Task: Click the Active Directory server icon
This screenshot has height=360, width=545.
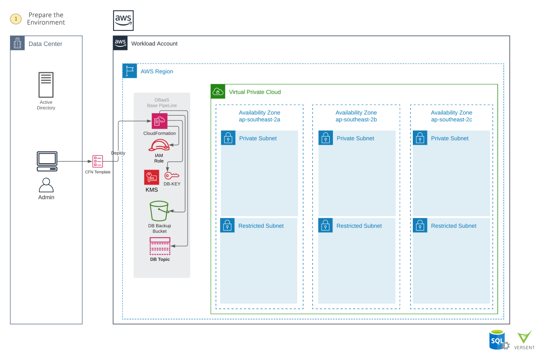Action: (x=46, y=85)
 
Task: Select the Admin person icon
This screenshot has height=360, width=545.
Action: (x=46, y=185)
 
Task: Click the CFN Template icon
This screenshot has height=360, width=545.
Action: (x=98, y=161)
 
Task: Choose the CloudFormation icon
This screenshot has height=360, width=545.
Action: (x=159, y=121)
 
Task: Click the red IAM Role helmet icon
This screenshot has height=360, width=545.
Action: (x=159, y=145)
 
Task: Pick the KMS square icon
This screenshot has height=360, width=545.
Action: (x=152, y=177)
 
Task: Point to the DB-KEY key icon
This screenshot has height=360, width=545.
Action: (x=172, y=176)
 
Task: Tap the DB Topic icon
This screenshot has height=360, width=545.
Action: (x=160, y=246)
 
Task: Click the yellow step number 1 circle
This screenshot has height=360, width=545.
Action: (x=16, y=19)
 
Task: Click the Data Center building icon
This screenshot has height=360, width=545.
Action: (x=18, y=44)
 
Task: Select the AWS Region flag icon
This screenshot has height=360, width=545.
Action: (x=130, y=71)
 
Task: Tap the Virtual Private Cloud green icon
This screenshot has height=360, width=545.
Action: (x=218, y=92)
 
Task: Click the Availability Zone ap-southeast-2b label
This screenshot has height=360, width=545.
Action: (x=356, y=116)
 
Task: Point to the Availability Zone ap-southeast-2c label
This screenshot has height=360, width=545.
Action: (x=451, y=116)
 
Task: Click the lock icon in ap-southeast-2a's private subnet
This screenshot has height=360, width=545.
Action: (x=228, y=138)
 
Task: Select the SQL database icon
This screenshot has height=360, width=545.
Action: (x=498, y=340)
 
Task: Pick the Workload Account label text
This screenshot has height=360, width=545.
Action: (x=154, y=44)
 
